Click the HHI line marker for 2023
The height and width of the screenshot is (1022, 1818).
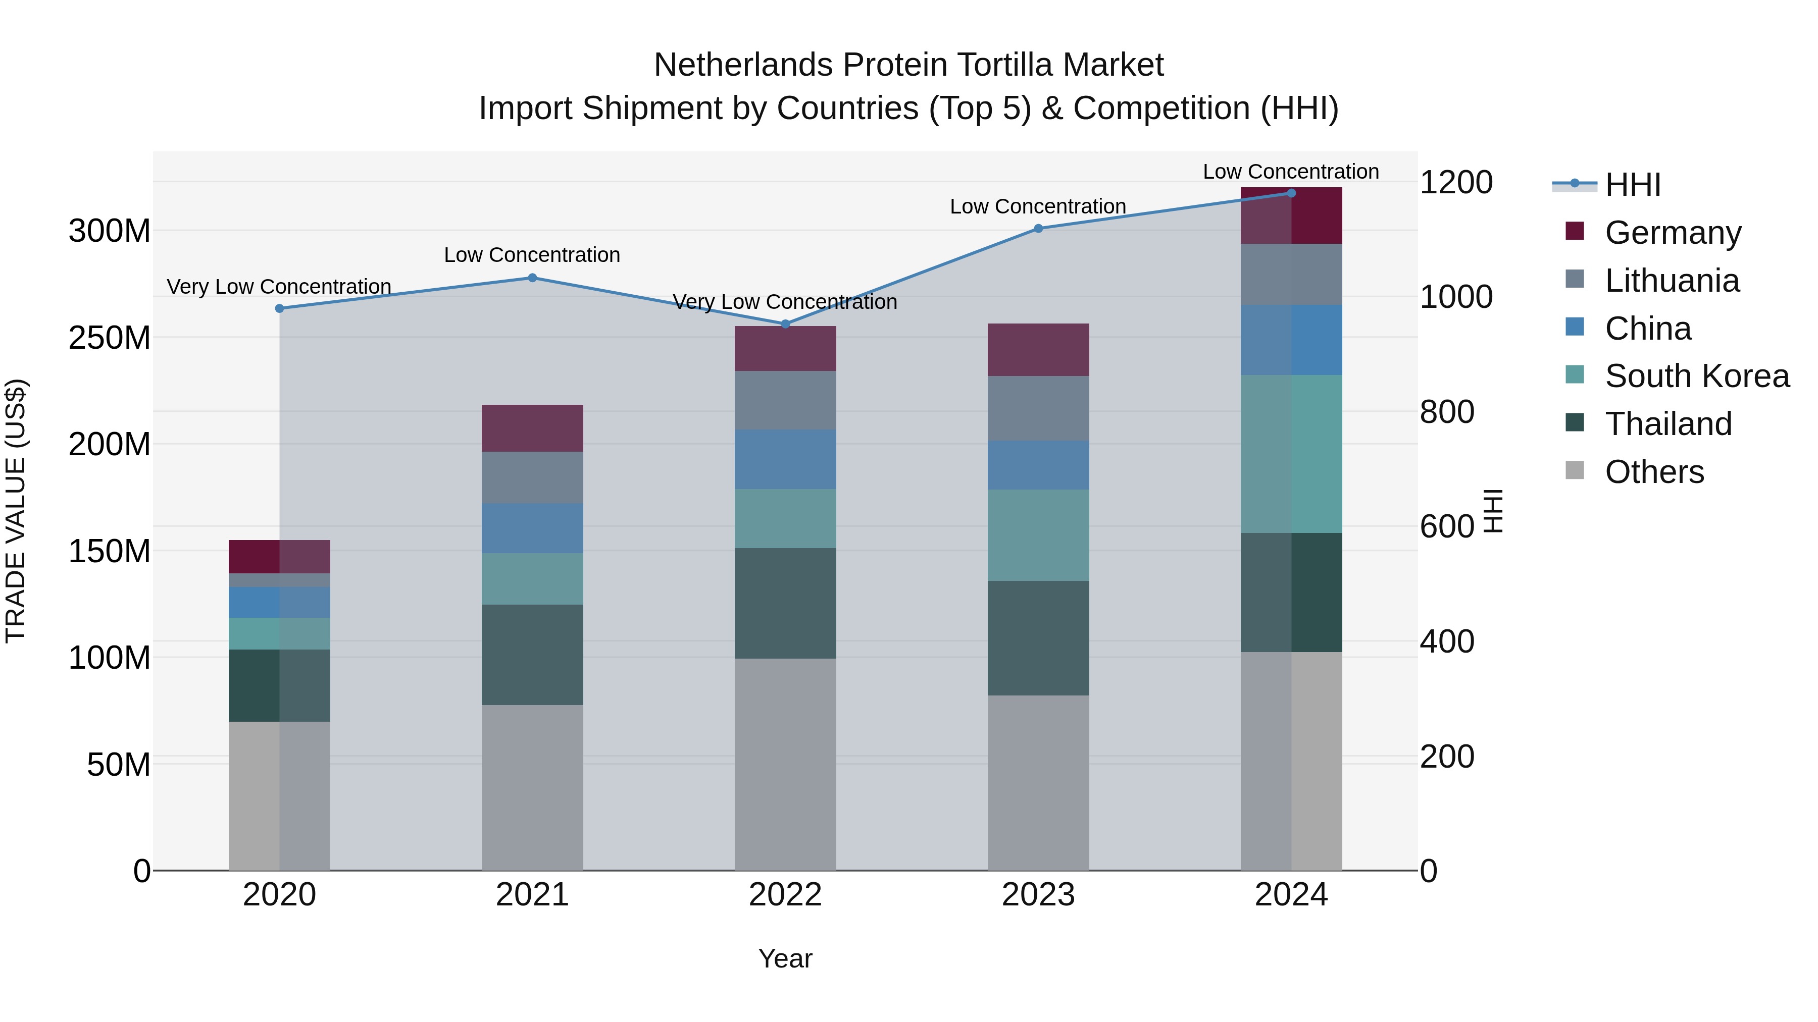coord(1038,229)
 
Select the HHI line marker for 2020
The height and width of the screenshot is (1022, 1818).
coord(279,308)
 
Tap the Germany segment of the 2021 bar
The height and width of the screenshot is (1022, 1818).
coord(532,428)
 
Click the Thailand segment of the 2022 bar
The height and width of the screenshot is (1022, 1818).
coord(785,603)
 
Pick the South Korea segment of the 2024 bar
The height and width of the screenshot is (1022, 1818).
coord(1291,454)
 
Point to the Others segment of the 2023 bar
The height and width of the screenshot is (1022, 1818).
coord(1038,783)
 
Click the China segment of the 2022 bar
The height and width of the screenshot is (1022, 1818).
coord(785,459)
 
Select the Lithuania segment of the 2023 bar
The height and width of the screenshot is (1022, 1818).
coord(1038,408)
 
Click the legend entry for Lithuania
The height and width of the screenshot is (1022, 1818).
coord(1671,281)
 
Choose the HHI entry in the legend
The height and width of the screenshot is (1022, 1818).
coord(1632,185)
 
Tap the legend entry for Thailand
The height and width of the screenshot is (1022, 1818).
coord(1668,424)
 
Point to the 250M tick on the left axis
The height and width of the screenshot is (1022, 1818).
coord(110,338)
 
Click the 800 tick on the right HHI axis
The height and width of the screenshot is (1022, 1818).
coord(1447,412)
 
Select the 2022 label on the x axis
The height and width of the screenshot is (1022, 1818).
coord(785,895)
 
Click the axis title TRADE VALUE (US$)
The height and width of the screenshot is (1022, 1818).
coord(16,511)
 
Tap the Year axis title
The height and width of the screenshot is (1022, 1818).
coord(785,958)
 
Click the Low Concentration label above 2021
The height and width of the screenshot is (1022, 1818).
coord(532,255)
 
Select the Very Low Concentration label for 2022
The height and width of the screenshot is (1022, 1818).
coord(785,302)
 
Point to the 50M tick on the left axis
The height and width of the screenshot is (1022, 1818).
coord(119,765)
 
